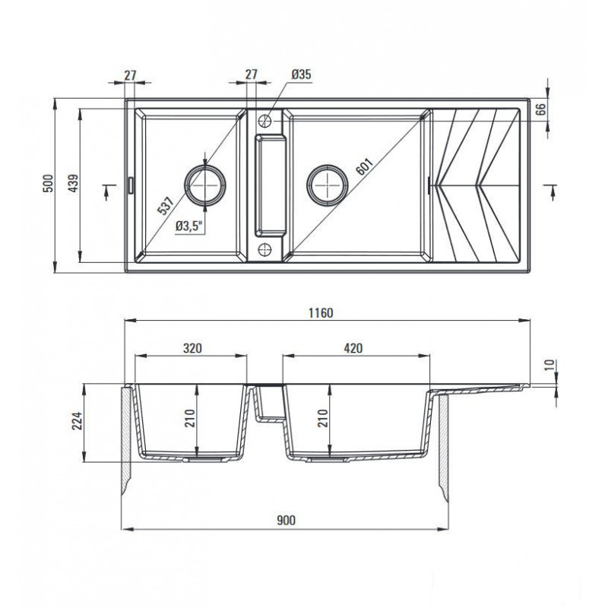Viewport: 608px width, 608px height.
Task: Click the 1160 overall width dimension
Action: pos(321,312)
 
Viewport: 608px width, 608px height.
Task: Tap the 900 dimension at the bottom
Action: pos(287,520)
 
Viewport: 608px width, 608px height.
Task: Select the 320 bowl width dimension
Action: pos(193,348)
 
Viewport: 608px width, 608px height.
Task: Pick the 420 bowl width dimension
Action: pos(353,348)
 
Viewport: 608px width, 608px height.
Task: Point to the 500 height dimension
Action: pos(48,183)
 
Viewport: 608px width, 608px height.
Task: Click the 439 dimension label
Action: pos(73,183)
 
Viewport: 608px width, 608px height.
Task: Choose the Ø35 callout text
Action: pos(301,74)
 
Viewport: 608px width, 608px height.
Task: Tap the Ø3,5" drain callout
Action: pos(189,226)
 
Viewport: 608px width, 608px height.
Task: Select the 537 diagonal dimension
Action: pos(165,205)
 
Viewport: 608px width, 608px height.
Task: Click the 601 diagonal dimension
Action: pos(364,166)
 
